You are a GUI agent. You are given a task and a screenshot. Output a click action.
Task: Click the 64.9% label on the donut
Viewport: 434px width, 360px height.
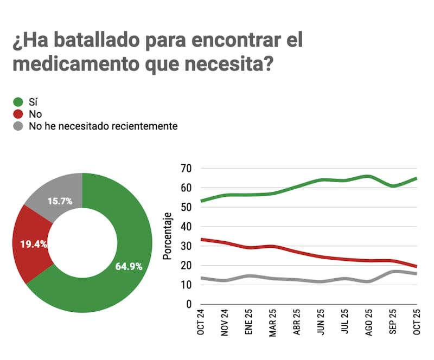[129, 266]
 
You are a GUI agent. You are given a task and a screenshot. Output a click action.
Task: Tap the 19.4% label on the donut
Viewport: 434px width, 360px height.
[34, 244]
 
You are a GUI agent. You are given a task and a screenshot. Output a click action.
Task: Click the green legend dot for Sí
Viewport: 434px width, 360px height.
[18, 101]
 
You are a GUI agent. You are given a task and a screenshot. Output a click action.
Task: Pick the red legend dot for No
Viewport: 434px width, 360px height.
[18, 114]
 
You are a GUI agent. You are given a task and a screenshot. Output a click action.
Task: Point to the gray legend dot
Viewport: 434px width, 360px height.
[18, 126]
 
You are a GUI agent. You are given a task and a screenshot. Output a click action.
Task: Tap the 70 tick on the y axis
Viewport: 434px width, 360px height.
[186, 168]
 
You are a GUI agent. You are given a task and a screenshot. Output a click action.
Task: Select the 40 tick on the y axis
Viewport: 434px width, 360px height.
[186, 227]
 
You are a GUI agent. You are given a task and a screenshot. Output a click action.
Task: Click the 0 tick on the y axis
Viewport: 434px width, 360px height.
[188, 305]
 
